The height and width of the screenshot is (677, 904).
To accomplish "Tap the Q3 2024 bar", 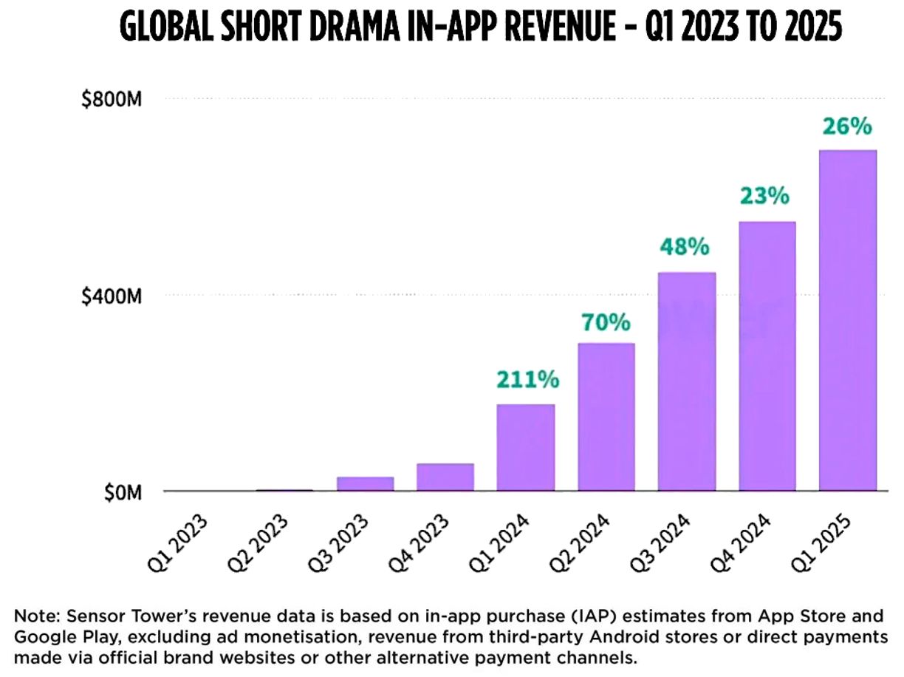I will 687,381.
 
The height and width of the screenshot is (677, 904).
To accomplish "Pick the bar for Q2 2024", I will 606,417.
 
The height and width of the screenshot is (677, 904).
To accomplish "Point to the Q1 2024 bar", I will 526,447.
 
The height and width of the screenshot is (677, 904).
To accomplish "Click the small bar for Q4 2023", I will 445,477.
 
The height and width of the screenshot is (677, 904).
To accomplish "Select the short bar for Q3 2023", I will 365,483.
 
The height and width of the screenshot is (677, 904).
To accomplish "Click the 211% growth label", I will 527,380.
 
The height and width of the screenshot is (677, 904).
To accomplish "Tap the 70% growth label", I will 606,322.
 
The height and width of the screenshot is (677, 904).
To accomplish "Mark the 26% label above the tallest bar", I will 847,126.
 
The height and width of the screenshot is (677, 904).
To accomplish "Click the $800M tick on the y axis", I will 112,98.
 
